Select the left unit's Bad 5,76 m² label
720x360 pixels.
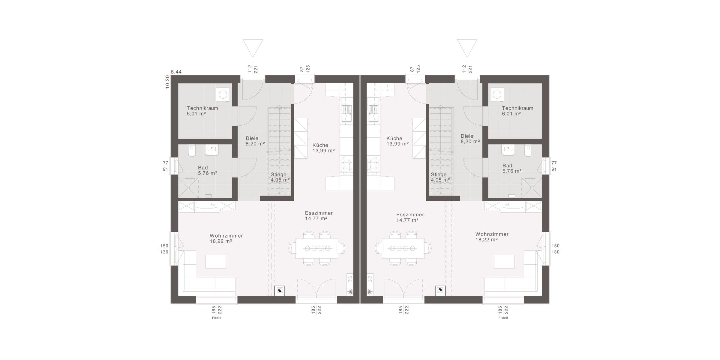coord(207,170)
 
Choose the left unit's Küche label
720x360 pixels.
coord(320,145)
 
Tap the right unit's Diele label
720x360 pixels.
coord(467,136)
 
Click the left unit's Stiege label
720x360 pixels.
coord(278,175)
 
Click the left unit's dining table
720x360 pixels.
coord(316,248)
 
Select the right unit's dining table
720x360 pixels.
coord(403,248)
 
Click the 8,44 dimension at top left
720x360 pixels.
coord(176,72)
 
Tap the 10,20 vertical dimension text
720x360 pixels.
coord(167,82)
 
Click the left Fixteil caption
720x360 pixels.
coord(217,318)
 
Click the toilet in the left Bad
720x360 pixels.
coord(191,151)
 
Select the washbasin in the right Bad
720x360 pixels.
coord(508,150)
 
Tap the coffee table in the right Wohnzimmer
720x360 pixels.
coord(504,262)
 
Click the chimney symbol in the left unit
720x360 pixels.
coord(280,291)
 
